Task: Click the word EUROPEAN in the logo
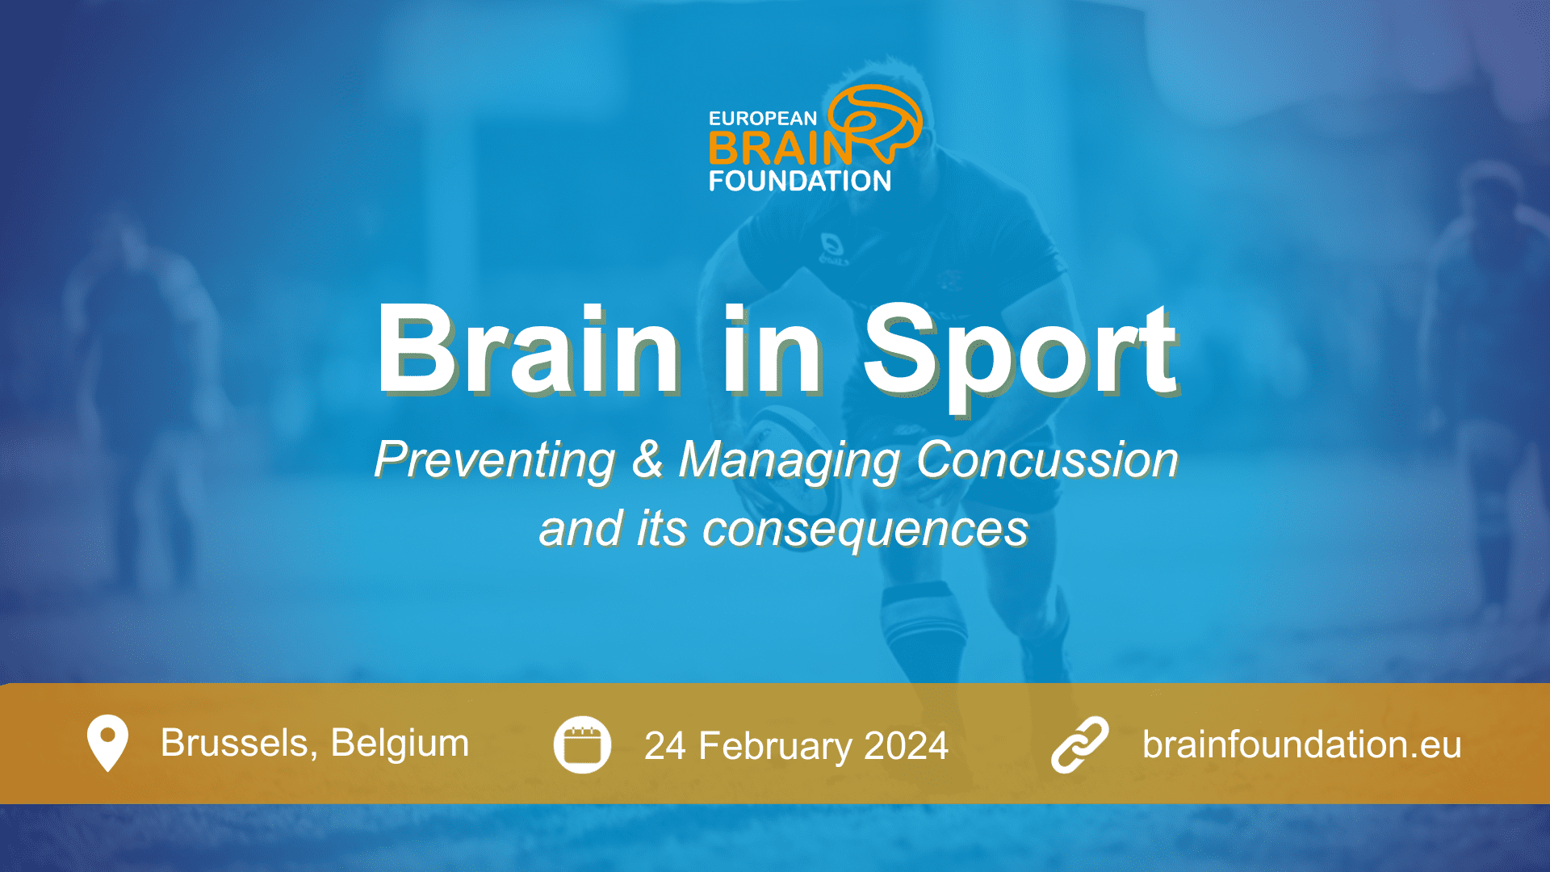coord(763,119)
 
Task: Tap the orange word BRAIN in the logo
coord(780,149)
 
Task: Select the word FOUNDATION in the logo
coord(800,181)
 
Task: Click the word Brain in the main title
coord(530,350)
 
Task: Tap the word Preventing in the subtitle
coord(495,461)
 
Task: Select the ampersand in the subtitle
coord(647,459)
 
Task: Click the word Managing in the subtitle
coord(790,461)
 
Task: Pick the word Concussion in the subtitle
coord(1047,459)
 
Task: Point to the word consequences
coord(865,530)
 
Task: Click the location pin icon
coord(107,744)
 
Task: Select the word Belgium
coord(400,744)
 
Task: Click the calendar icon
coord(582,744)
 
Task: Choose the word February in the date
coord(774,746)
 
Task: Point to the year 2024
coord(906,746)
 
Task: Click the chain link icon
coord(1079,744)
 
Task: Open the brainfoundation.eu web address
coord(1301,744)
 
